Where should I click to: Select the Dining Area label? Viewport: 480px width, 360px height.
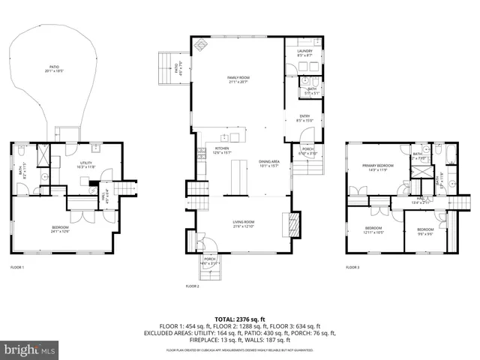pyautogui.click(x=269, y=163)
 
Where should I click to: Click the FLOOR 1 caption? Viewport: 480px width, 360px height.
pyautogui.click(x=16, y=267)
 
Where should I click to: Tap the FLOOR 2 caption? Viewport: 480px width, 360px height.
pyautogui.click(x=192, y=286)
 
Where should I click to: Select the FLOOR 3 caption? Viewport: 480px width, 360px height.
pyautogui.click(x=352, y=267)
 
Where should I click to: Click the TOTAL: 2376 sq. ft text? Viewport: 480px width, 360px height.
pyautogui.click(x=240, y=319)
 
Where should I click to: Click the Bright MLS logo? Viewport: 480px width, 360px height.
pyautogui.click(x=30, y=349)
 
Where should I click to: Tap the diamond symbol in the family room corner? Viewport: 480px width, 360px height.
pyautogui.click(x=200, y=44)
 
